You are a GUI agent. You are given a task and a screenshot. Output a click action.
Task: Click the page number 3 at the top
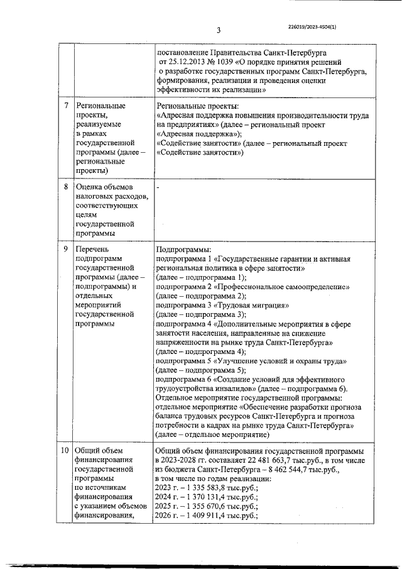pyautogui.click(x=218, y=30)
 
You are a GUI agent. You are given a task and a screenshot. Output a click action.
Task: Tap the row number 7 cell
pyautogui.click(x=66, y=105)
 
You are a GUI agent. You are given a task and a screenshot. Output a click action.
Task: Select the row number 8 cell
pyautogui.click(x=66, y=187)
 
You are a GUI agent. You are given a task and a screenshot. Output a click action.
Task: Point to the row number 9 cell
pyautogui.click(x=66, y=248)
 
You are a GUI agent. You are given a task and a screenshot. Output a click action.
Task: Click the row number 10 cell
pyautogui.click(x=65, y=450)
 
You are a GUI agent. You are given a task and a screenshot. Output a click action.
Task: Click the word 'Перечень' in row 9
pyautogui.click(x=92, y=248)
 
